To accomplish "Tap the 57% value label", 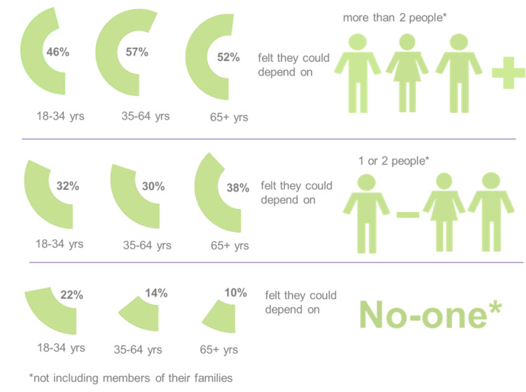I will click(136, 52).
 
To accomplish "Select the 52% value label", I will click(228, 57).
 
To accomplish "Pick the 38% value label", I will click(237, 188).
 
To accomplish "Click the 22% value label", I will click(72, 295).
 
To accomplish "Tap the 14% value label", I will click(156, 293).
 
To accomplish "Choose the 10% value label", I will click(236, 293).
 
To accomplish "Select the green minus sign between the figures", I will click(408, 215).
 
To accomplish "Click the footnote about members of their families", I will click(130, 378).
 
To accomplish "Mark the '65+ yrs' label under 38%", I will click(230, 246).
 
